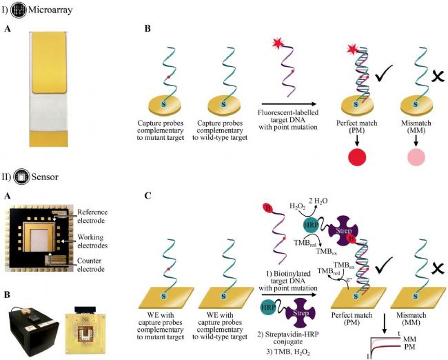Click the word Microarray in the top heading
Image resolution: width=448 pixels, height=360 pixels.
point(50,10)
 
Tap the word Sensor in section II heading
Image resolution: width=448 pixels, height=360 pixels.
point(45,177)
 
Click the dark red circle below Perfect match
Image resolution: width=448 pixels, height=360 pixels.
point(357,157)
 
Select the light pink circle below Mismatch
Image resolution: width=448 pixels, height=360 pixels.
point(416,157)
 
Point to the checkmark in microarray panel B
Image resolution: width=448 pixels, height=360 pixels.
point(384,73)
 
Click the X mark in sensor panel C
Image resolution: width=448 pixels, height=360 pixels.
point(438,268)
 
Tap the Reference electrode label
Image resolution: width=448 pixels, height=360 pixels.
point(92,216)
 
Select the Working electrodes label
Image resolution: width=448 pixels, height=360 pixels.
point(92,241)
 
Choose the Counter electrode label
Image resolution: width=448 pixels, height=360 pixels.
point(91,265)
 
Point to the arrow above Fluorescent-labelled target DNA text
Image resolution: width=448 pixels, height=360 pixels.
point(289,104)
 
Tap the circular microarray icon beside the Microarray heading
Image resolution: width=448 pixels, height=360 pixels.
point(19,10)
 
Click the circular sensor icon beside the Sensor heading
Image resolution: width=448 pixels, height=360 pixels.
point(22,177)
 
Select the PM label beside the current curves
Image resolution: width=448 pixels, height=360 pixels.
point(409,347)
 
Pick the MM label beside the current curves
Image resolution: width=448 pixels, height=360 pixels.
point(409,339)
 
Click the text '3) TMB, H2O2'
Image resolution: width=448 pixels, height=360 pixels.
point(288,352)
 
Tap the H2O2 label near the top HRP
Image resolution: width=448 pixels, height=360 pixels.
point(298,206)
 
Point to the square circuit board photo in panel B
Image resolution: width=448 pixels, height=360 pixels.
point(85,331)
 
